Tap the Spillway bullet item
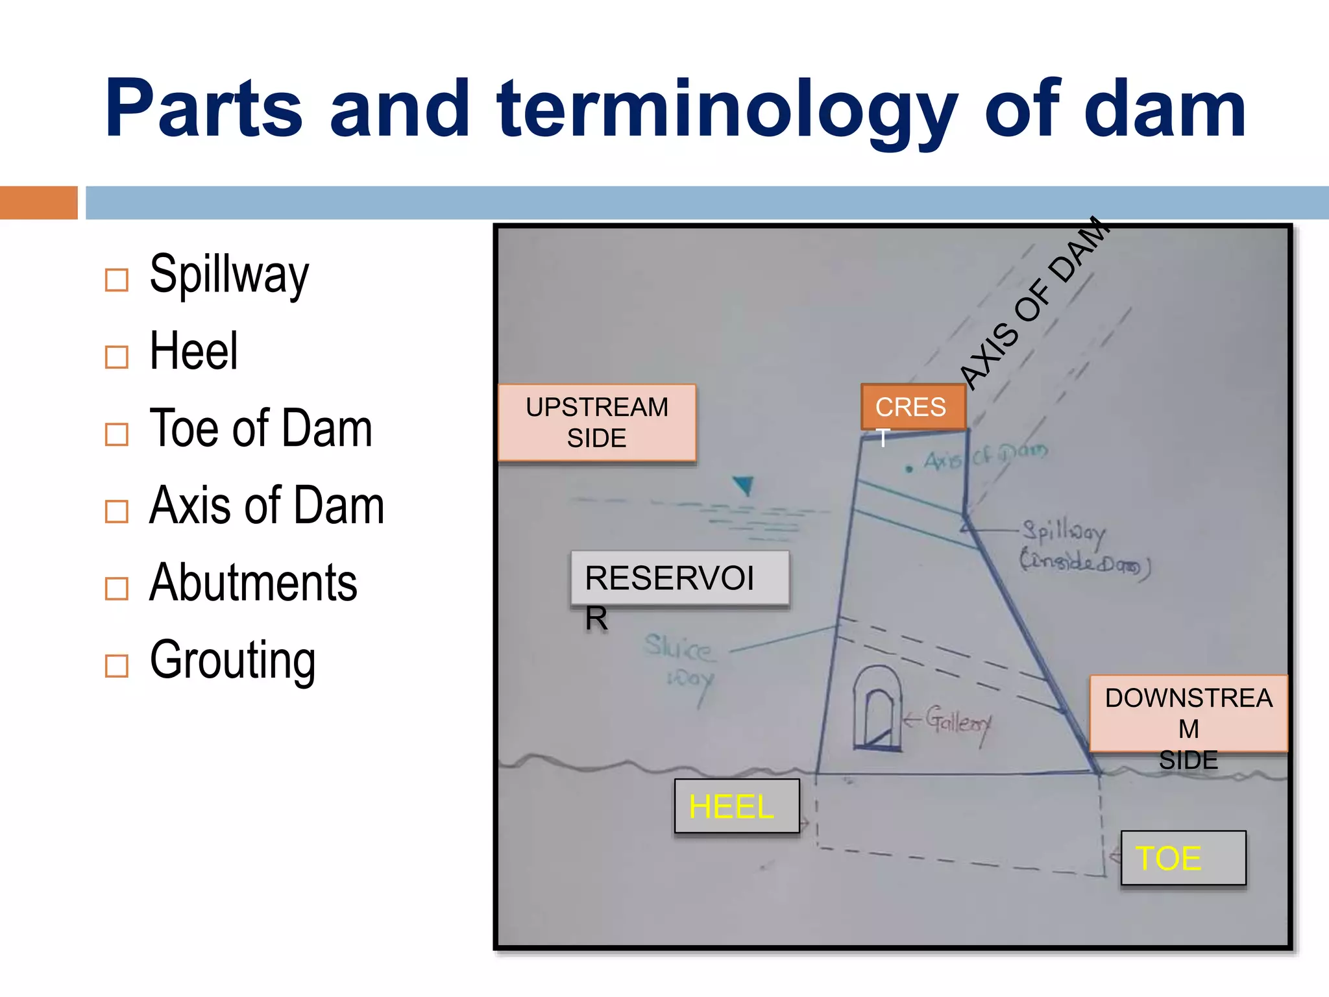tap(228, 275)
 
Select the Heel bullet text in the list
tap(193, 351)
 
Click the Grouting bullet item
tap(232, 660)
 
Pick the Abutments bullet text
tap(253, 583)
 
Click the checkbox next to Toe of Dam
tap(117, 434)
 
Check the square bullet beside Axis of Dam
tap(117, 511)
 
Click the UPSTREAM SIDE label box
tap(596, 423)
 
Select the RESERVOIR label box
tap(679, 578)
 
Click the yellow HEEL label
tap(737, 806)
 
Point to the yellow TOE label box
tap(1182, 857)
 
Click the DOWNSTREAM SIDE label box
tap(1188, 714)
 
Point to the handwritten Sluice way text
tap(680, 662)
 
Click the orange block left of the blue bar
tap(38, 203)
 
